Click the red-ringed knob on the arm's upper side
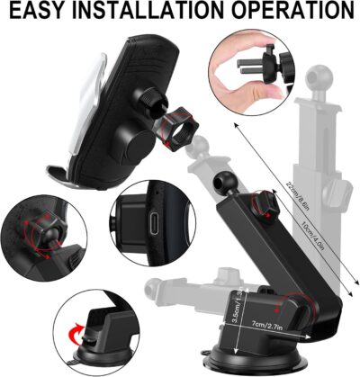pos(265,205)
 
